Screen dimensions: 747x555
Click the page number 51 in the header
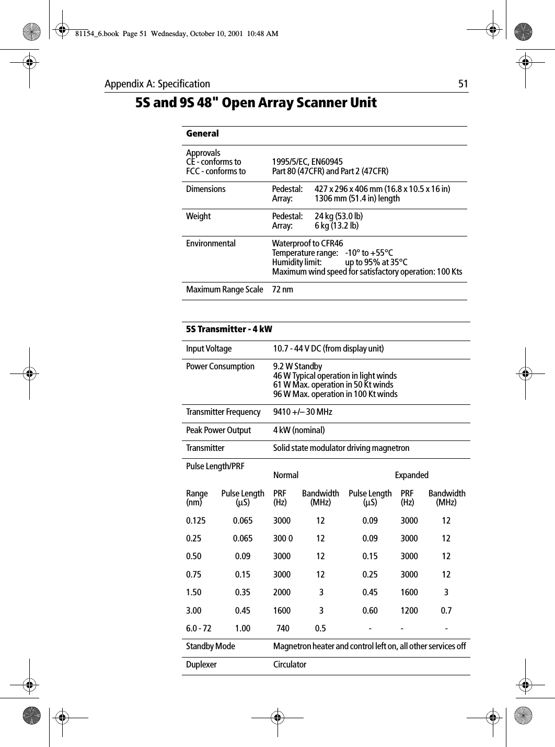click(463, 84)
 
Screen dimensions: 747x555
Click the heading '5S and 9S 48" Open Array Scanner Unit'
click(256, 103)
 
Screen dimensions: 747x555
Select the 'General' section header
click(203, 134)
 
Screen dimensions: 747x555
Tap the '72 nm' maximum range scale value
click(283, 290)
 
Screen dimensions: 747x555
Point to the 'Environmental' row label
click(211, 244)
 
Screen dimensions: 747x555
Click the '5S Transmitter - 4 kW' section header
click(229, 329)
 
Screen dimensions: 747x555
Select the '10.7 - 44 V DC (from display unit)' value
click(329, 349)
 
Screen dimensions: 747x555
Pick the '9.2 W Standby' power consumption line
click(298, 367)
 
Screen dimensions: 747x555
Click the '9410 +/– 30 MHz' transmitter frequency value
click(303, 412)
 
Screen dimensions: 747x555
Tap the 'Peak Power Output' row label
click(218, 431)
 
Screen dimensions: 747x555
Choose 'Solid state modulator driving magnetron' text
click(342, 448)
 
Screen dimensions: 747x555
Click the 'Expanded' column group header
click(412, 476)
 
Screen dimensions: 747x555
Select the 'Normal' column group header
click(286, 476)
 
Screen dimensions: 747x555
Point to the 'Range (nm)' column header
click(197, 498)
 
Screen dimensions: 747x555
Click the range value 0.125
click(196, 521)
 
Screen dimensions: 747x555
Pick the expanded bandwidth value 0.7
click(446, 610)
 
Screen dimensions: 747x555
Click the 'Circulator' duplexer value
click(290, 665)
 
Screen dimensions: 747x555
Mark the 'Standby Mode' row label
click(211, 647)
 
